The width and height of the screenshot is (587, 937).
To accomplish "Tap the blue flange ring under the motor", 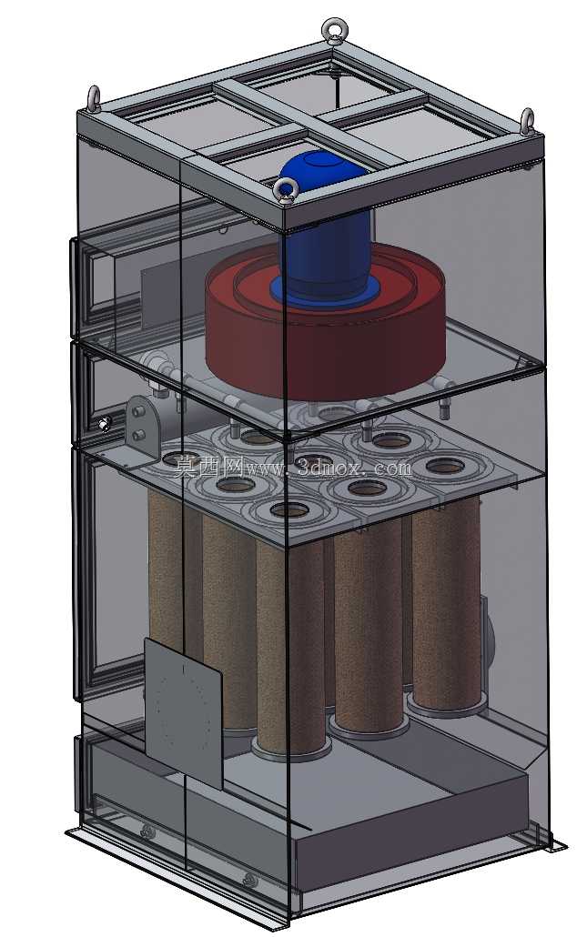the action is point(325,296).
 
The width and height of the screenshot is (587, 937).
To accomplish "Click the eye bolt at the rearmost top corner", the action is point(333,30).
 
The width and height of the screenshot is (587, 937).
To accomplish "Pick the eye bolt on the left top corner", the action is point(95,98).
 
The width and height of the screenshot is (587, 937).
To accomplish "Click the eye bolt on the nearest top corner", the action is point(287,191).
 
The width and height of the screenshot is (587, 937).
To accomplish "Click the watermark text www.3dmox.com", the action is point(329,466).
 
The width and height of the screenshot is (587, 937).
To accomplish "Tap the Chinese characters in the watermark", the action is point(208,466).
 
